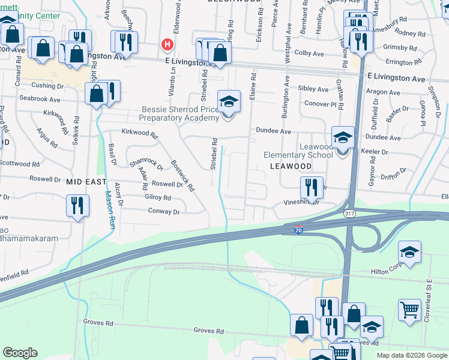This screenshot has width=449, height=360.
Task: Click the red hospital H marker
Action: point(168,44)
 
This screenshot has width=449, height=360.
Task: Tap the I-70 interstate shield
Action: point(298,229)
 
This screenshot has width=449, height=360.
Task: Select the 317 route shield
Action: point(349,213)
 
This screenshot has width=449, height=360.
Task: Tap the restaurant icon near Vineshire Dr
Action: point(311,188)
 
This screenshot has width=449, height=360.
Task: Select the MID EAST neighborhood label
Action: point(86,181)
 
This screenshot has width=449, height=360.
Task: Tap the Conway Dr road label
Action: point(164,211)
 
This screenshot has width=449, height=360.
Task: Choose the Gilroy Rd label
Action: point(158,197)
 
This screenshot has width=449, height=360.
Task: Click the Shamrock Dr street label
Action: point(146,163)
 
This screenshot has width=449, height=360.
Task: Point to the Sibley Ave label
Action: point(313,89)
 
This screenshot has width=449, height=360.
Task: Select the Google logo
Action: point(20,353)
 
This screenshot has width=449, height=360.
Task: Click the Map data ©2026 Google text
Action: point(411,355)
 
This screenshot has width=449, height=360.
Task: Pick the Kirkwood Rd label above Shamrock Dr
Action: point(139,133)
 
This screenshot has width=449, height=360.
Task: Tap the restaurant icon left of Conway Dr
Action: point(77,206)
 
